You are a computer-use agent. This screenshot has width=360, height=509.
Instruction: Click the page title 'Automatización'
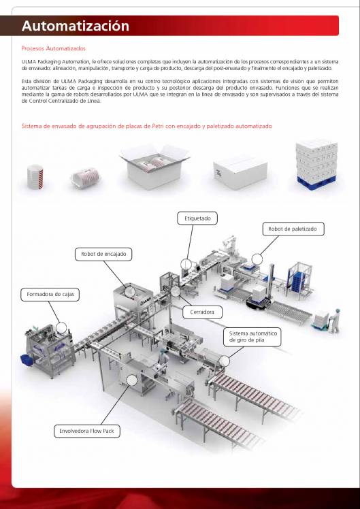click(x=75, y=27)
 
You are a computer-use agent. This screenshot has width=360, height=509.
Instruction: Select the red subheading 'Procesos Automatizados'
click(x=54, y=48)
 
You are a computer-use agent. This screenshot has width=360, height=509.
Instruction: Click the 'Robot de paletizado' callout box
click(x=292, y=229)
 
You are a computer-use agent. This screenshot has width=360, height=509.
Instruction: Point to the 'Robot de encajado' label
click(x=103, y=254)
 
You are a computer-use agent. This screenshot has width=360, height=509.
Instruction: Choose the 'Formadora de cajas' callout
click(x=51, y=295)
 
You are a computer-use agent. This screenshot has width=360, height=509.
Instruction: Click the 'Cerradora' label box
click(x=203, y=312)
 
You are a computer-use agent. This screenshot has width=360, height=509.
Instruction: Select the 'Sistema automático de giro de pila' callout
click(x=252, y=337)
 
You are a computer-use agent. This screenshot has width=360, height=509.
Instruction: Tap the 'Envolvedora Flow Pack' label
click(x=84, y=431)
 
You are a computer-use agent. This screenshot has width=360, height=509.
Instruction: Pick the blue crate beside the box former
click(x=25, y=358)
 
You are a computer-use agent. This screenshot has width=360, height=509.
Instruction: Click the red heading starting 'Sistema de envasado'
click(x=146, y=126)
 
